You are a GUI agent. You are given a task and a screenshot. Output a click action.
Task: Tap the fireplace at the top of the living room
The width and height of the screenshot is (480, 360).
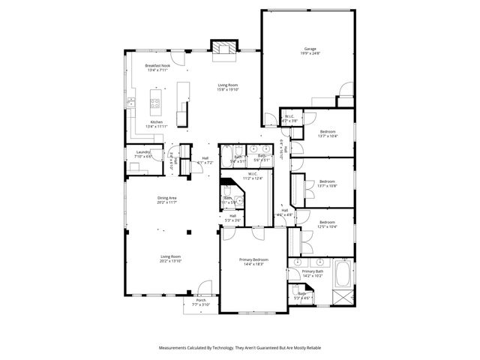coord(223,47)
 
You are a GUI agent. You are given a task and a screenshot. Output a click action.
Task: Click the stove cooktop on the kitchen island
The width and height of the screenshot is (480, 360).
coord(156,103)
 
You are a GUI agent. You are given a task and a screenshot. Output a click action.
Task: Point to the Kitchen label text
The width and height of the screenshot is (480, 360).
coord(156,121)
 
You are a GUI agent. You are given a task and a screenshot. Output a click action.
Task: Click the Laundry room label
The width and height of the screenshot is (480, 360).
coord(143,152)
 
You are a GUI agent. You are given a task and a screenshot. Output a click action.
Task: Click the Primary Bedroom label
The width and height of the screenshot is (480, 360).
coord(253,259)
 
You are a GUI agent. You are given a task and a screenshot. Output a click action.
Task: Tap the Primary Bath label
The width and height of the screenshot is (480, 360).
coord(313,271)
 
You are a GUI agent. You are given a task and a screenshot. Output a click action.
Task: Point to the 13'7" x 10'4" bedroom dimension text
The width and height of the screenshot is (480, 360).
coord(328,136)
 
